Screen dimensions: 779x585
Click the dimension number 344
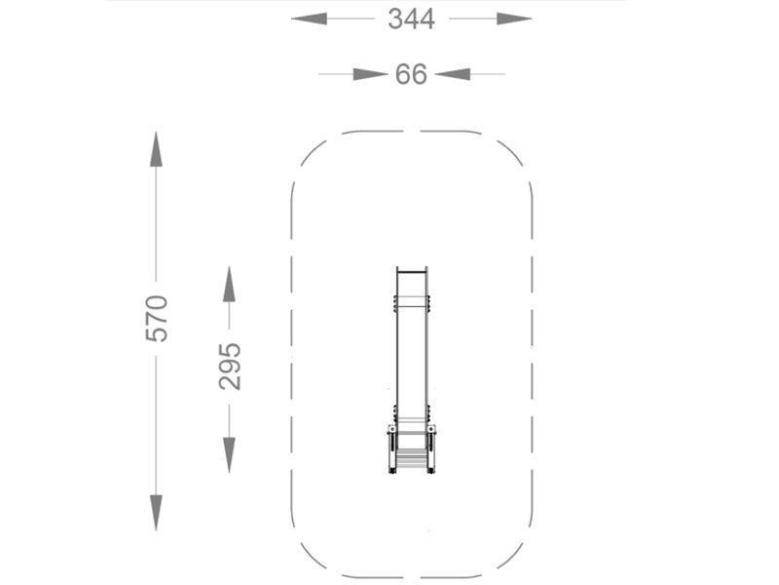click(411, 19)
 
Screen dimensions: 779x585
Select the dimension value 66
click(411, 74)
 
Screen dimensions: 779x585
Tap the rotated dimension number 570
click(157, 319)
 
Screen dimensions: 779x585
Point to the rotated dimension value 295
click(230, 367)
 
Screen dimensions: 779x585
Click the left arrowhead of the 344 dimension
click(309, 19)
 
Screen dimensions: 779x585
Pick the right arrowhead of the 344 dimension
click(514, 19)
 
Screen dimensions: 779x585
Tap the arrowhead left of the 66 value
click(370, 74)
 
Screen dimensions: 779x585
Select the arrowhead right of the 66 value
click(452, 74)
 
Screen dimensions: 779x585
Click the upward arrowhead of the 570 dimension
click(156, 149)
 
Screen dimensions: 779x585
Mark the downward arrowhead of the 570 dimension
click(156, 513)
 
